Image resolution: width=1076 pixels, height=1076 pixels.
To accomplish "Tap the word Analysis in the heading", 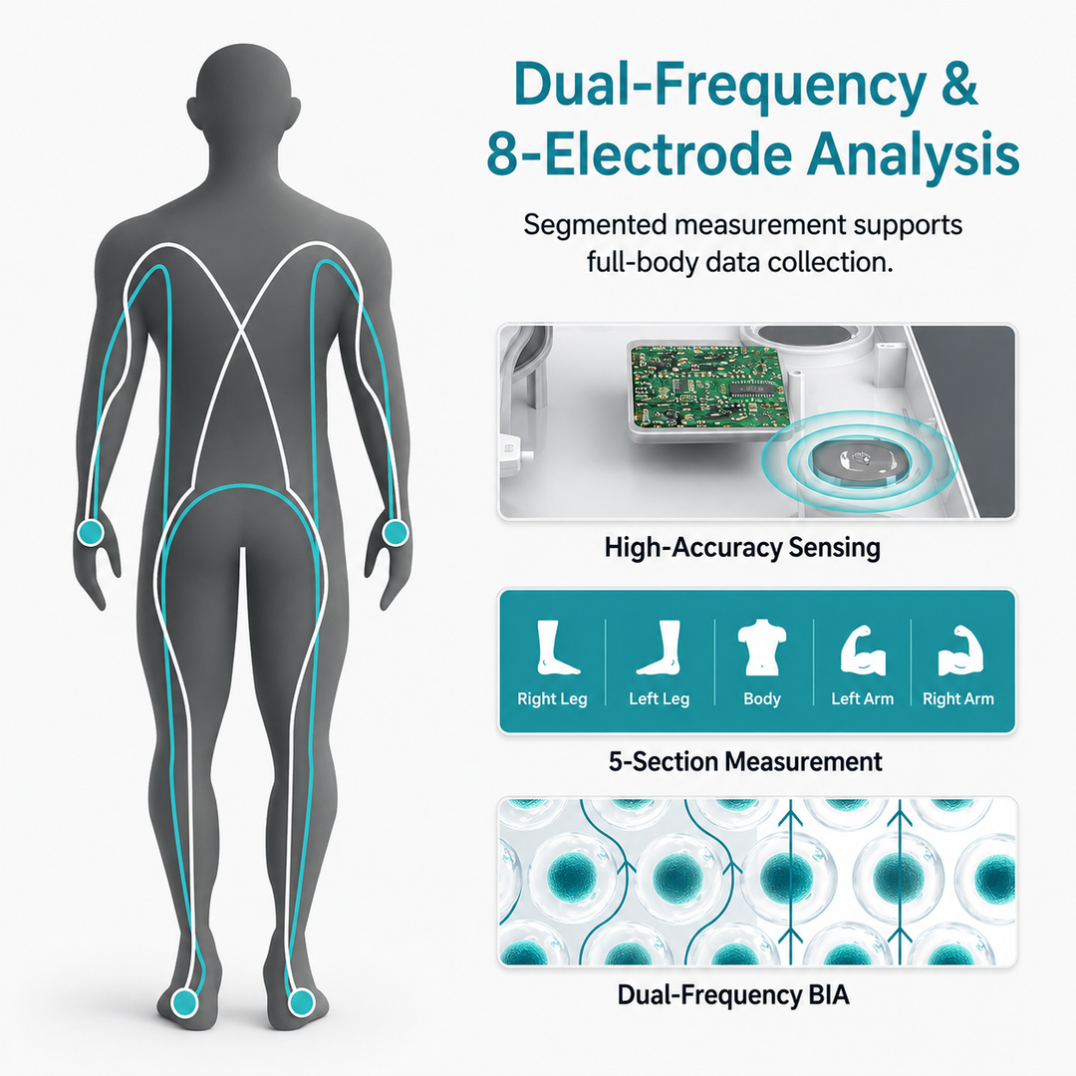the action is coord(913,153).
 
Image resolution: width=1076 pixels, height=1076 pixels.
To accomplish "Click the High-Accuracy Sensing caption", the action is coord(742,548).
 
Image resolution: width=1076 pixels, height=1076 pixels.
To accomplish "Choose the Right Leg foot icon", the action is coord(556,648).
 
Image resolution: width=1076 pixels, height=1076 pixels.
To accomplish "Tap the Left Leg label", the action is coord(659,698).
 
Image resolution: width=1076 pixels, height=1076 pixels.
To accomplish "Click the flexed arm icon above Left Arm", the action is coord(863,650).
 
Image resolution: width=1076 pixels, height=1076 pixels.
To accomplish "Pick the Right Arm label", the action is coord(958,698).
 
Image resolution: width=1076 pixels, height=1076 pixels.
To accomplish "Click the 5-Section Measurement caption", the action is coord(745,762).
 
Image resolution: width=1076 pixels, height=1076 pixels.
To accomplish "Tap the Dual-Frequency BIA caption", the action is coord(733,995).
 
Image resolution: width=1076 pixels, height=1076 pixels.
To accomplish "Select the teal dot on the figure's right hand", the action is coord(395,532).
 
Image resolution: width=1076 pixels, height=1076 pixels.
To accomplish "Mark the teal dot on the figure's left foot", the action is coord(184,1002).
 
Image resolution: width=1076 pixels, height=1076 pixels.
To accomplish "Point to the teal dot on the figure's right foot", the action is coord(301,1002).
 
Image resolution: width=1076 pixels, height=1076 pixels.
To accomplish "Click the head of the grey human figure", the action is coord(244,96).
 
